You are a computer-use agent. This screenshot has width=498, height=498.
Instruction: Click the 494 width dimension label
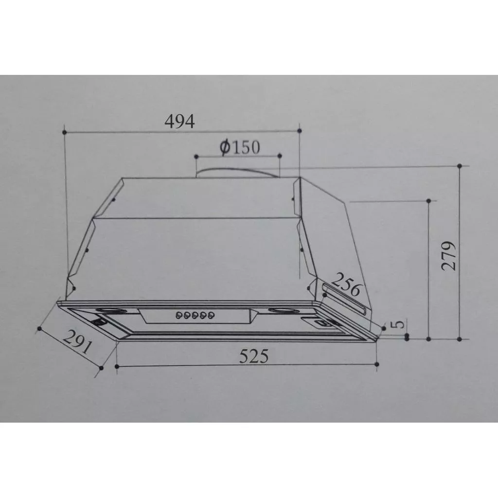[180, 121]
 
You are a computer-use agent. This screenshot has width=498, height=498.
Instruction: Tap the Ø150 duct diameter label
[240, 147]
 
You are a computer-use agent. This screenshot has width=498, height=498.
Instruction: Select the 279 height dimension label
[448, 256]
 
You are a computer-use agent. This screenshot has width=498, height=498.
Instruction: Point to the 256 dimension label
[346, 284]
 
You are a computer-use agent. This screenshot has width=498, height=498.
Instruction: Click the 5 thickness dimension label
[398, 324]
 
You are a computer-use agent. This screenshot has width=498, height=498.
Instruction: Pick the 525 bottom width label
[254, 356]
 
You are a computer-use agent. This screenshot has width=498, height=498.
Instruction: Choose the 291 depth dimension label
[77, 342]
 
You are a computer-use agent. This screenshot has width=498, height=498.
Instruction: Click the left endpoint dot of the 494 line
[65, 131]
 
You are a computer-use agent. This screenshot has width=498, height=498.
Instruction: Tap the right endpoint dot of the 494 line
[299, 130]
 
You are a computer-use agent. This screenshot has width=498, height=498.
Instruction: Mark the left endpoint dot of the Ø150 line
[196, 156]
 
